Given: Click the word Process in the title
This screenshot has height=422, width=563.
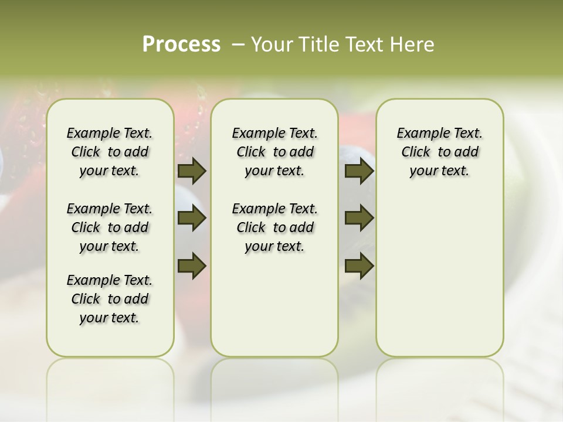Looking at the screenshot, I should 181,44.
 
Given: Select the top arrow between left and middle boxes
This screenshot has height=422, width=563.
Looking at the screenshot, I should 192,171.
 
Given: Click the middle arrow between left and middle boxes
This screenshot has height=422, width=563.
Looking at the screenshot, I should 192,219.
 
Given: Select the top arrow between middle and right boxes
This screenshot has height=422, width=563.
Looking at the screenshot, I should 359,171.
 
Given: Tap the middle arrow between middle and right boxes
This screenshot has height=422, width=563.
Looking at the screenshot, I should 359,219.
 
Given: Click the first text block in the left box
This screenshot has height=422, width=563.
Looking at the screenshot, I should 110,152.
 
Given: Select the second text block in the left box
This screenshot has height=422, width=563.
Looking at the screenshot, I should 110,227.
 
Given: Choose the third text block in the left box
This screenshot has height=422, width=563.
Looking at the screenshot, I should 110,299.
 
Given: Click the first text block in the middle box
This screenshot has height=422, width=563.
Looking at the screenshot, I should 274,152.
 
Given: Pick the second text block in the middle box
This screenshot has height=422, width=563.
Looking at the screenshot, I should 274,227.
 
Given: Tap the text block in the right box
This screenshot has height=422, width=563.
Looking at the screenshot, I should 439,152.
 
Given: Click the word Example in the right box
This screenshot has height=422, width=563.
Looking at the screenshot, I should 418,134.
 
